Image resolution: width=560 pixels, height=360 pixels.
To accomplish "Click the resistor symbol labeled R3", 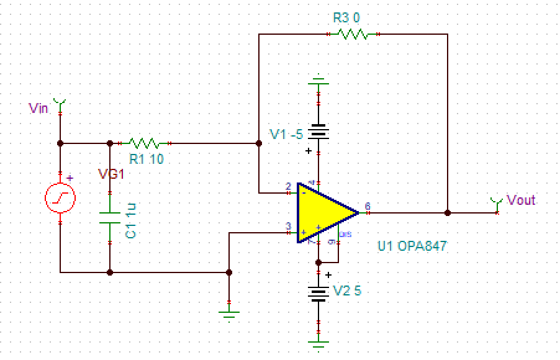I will [353, 35].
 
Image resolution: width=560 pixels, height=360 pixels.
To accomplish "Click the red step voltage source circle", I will [60, 199].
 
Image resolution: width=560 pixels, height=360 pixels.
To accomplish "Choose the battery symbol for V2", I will [318, 292].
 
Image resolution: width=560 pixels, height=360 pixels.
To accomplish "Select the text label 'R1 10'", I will [147, 159].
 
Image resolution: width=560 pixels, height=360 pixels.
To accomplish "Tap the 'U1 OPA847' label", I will [412, 246].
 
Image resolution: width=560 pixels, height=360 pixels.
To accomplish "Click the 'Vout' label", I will [521, 200].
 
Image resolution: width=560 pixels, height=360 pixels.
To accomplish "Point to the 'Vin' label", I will [38, 108].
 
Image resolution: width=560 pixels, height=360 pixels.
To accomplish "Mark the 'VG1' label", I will [112, 174].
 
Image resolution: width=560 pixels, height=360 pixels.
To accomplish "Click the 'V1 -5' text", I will [286, 134].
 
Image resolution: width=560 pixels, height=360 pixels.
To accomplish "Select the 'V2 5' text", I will [347, 290].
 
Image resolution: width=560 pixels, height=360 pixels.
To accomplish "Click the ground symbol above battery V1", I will [318, 81].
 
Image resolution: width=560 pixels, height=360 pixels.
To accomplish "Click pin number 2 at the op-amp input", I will [288, 186].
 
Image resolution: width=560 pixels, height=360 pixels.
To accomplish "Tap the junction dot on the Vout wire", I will [447, 212].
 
